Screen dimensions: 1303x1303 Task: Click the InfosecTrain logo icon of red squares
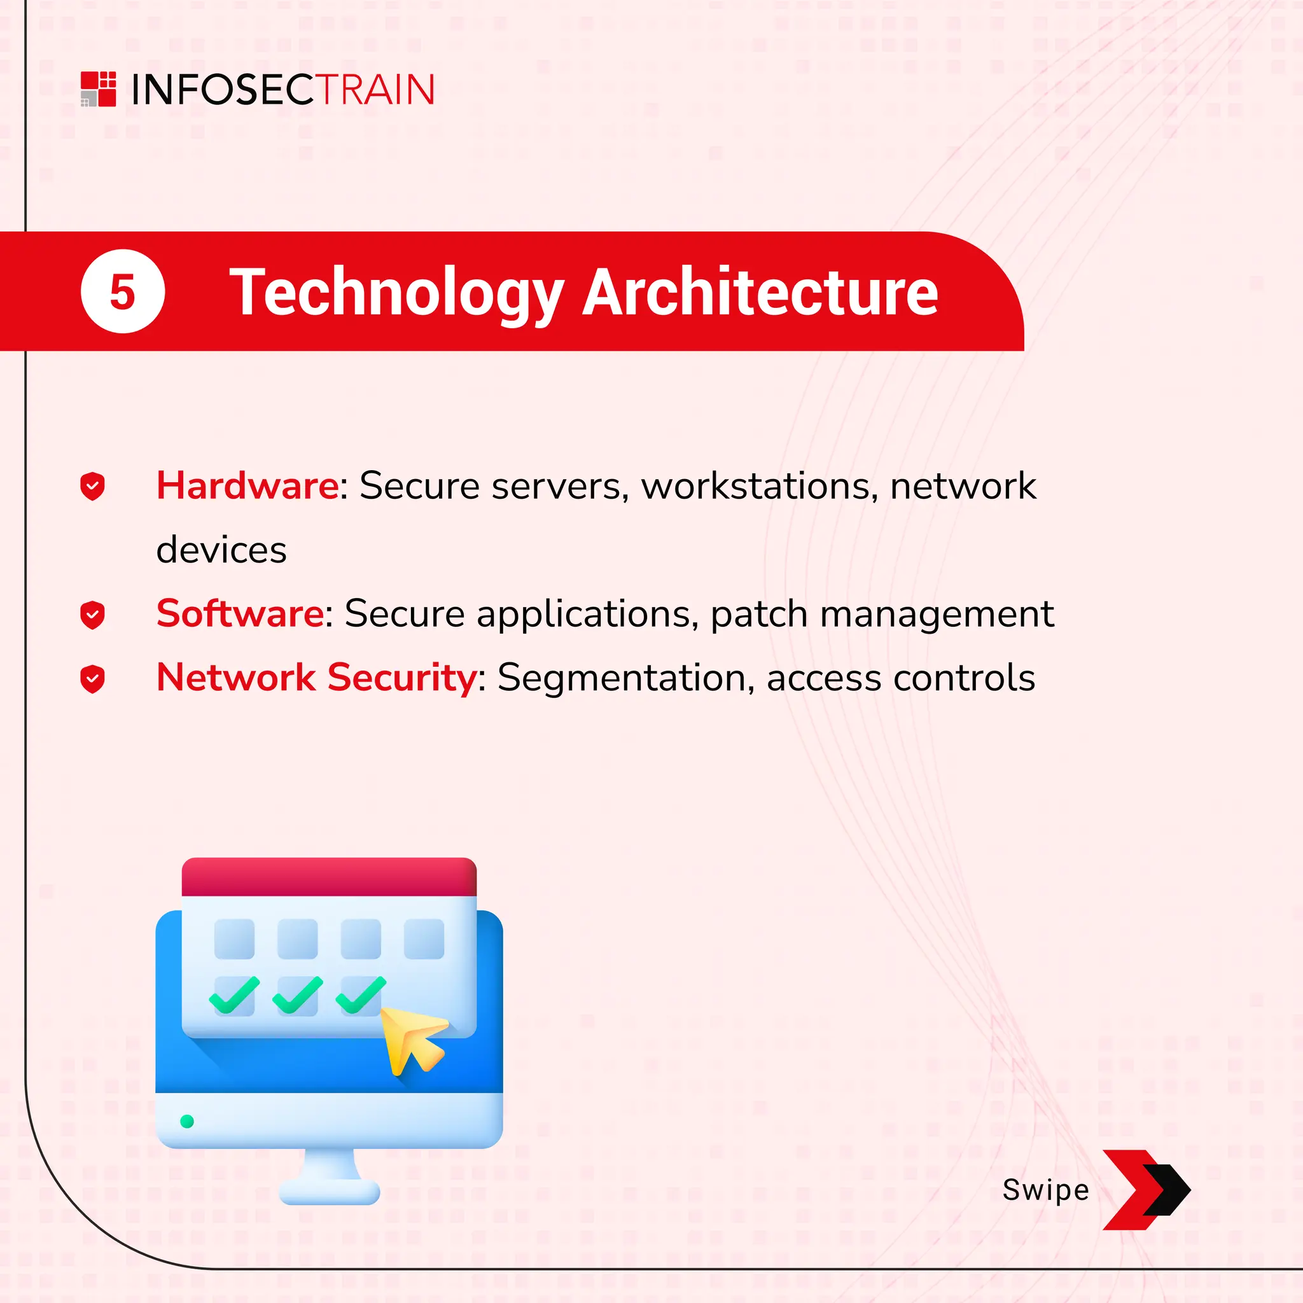(x=99, y=89)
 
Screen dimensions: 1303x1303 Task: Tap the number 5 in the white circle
(x=123, y=292)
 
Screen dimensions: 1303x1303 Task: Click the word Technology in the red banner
(x=396, y=292)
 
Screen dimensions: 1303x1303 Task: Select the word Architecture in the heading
(x=760, y=292)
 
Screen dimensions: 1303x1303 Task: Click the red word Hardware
(x=247, y=485)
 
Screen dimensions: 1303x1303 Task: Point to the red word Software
(x=240, y=614)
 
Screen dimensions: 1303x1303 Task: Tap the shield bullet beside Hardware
(x=92, y=486)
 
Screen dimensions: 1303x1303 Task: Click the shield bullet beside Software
(x=92, y=615)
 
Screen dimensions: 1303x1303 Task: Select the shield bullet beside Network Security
(x=92, y=678)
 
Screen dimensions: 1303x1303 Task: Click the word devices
(x=221, y=550)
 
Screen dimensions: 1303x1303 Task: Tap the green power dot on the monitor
(x=188, y=1122)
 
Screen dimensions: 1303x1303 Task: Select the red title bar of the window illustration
(x=329, y=877)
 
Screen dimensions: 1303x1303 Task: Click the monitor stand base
(x=329, y=1192)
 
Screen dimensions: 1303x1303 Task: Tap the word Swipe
(x=1045, y=1190)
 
